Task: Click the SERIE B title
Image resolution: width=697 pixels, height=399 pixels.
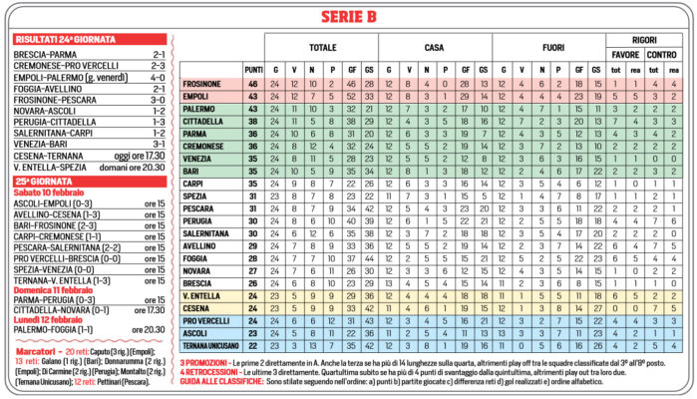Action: [x=349, y=16]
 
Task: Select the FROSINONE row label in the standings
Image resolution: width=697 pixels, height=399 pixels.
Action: [x=203, y=85]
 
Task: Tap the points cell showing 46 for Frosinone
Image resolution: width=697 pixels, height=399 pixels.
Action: [x=252, y=85]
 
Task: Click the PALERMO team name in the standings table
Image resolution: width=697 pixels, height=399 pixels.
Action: [x=199, y=109]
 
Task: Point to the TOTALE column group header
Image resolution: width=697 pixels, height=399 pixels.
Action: [x=322, y=46]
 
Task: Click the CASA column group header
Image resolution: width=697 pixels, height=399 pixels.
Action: [x=434, y=46]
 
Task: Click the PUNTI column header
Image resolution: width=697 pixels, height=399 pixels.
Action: [x=252, y=69]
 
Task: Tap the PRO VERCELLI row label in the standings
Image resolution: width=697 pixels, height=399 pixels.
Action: [x=206, y=320]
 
